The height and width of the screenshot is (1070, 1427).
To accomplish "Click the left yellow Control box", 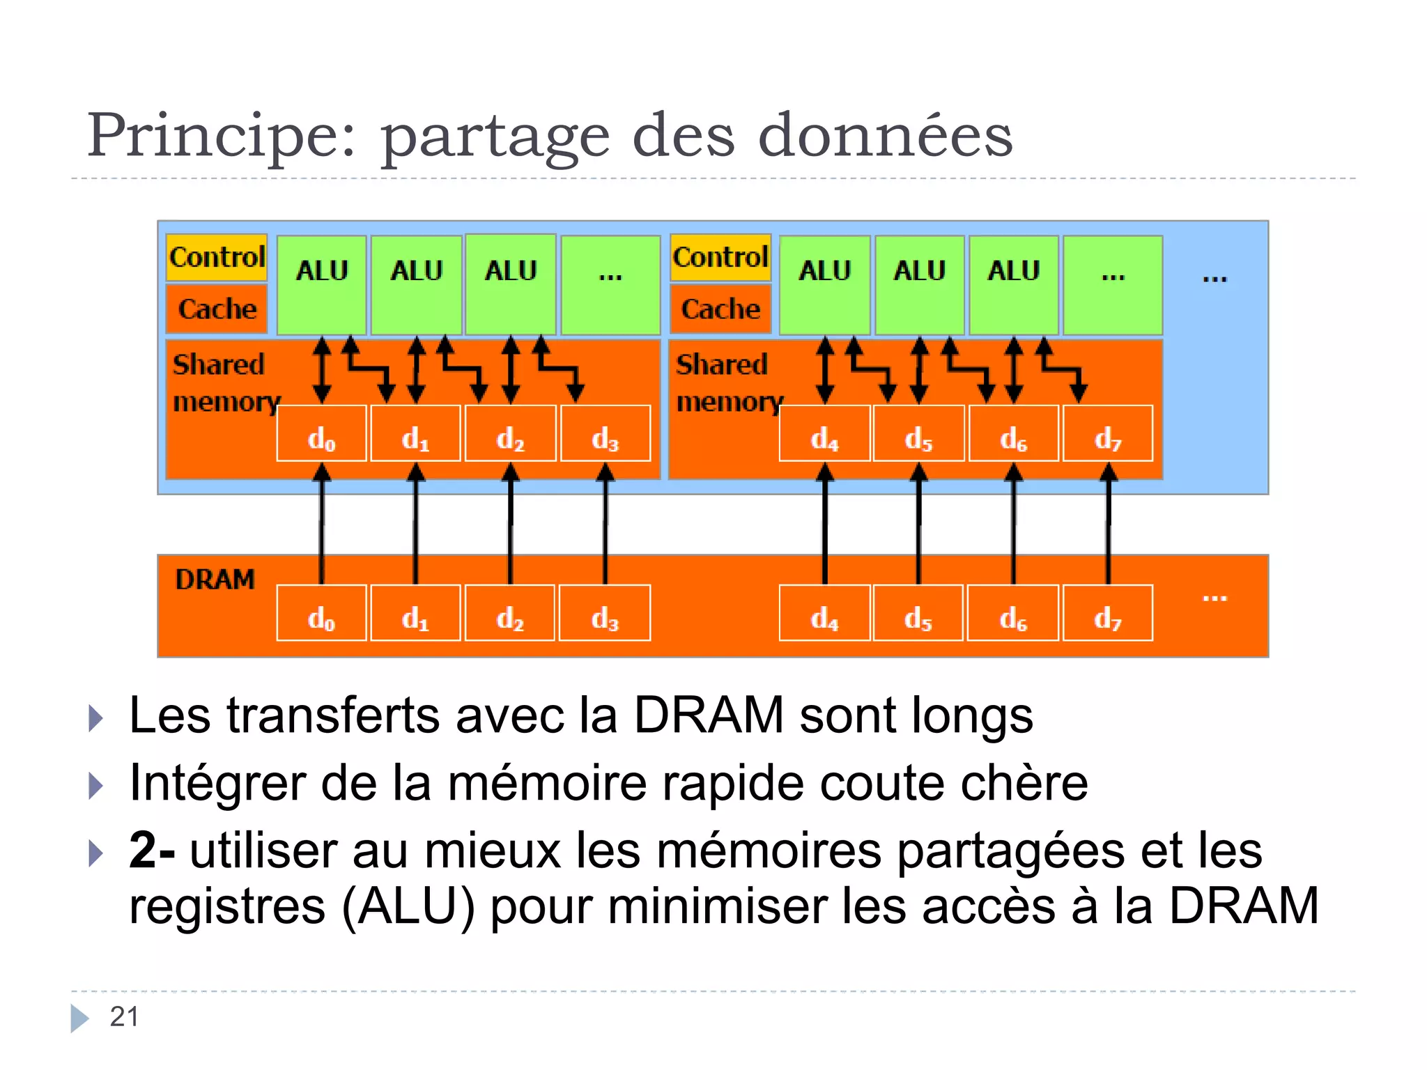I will point(217,257).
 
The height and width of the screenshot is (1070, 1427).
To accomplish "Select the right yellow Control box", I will point(720,257).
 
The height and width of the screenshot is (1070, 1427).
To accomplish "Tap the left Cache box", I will point(217,309).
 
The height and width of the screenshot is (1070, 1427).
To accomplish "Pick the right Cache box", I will point(720,309).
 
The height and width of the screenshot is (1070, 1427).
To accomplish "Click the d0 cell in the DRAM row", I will point(321,613).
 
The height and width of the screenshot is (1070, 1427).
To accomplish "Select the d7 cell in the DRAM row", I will point(1108,613).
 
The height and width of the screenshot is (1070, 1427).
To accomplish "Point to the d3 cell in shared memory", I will point(605,433).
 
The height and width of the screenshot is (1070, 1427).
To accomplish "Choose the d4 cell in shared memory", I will point(824,433).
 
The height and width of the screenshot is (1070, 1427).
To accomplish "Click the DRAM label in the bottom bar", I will point(215,580).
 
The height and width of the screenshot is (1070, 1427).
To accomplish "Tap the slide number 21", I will point(124,1016).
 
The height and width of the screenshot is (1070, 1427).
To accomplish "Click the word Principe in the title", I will point(222,136).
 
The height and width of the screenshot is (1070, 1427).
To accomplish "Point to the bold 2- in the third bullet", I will point(152,851).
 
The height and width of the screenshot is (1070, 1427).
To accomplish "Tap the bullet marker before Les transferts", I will point(96,718).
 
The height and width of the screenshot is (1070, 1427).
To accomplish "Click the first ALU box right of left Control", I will point(321,284).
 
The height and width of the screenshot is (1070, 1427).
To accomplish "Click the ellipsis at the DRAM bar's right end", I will point(1214,598).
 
